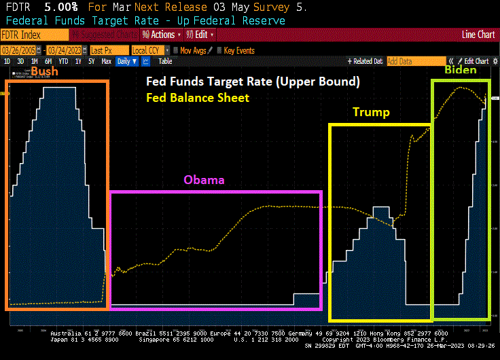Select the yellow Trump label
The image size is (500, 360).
point(371,112)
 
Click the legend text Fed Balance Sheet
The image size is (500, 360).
point(198,98)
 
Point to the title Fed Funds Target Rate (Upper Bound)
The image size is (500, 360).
point(253,82)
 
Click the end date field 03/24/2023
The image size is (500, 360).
point(65,50)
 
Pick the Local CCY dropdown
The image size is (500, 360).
point(149,50)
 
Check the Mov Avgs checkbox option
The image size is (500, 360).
point(194,50)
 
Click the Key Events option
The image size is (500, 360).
point(238,50)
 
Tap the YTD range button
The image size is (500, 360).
point(63,61)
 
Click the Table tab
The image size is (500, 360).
point(165,61)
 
